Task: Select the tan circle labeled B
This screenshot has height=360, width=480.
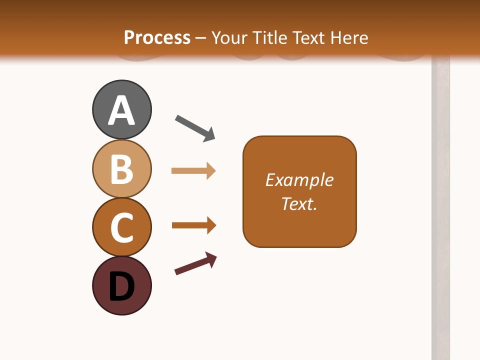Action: click(x=121, y=168)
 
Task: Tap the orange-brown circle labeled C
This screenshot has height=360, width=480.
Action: click(x=121, y=227)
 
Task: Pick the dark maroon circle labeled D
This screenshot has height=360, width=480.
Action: click(x=121, y=286)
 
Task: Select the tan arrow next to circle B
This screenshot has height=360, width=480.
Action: click(x=193, y=171)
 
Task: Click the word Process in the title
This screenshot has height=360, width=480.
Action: click(x=157, y=37)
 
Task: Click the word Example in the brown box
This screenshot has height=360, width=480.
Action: click(x=299, y=180)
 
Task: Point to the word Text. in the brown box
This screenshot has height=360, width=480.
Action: click(x=299, y=204)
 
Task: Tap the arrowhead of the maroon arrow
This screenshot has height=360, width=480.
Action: click(x=212, y=259)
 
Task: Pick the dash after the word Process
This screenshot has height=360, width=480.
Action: click(x=201, y=38)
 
